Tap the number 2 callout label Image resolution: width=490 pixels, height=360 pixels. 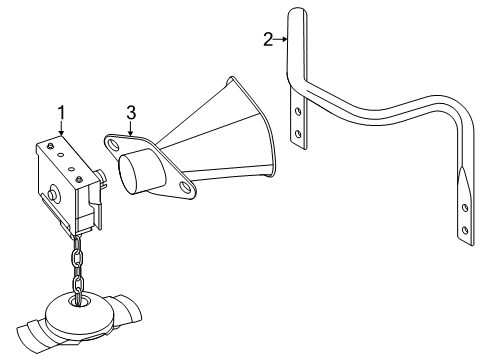point(268,39)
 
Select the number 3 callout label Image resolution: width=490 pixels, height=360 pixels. point(130,110)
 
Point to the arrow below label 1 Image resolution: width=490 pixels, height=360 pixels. point(61,127)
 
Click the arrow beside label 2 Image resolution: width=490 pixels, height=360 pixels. point(281,39)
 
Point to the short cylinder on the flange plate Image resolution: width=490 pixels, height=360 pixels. point(140,171)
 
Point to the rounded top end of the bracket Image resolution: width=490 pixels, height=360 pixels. point(297,12)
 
